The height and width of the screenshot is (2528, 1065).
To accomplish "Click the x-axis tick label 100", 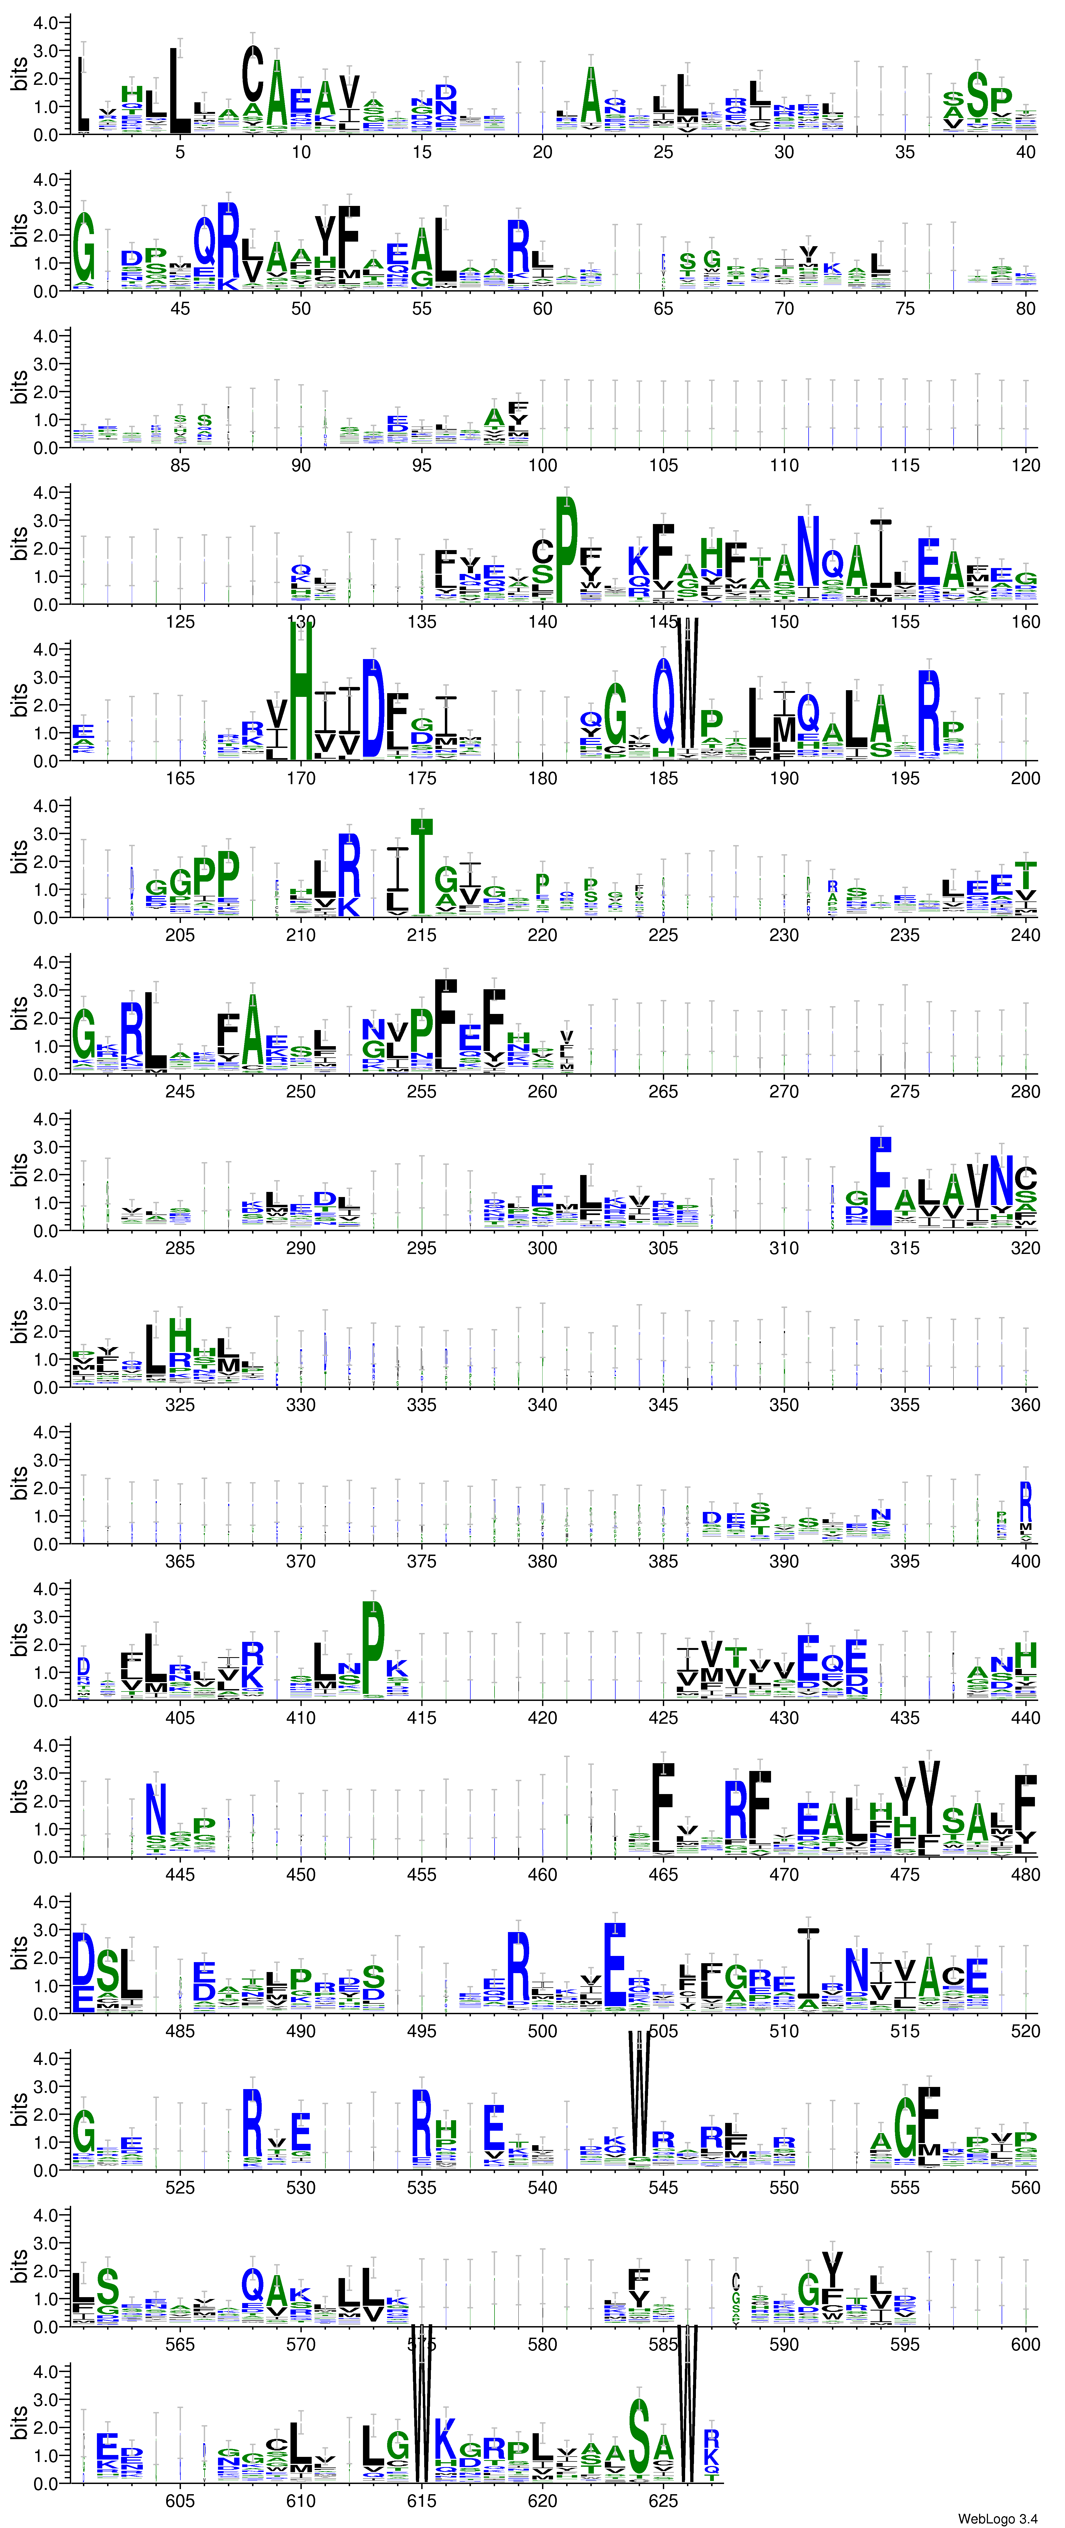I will click(x=542, y=465).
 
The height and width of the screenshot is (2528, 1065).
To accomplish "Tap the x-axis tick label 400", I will click(x=1025, y=1561).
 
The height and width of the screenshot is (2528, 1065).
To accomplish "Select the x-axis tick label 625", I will click(x=663, y=2501).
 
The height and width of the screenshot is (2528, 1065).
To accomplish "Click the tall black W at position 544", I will click(x=639, y=2100).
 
